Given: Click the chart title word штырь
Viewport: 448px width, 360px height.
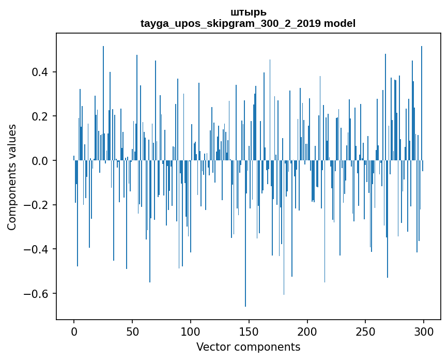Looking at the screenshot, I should click(x=248, y=12).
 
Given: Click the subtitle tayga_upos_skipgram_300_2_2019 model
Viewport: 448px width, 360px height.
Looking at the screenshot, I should click(x=248, y=23).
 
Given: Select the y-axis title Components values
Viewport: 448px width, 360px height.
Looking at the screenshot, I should click(x=12, y=177).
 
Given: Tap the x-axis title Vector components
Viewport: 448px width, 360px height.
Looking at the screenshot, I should click(x=248, y=347).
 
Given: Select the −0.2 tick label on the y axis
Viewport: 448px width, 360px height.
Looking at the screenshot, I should click(x=38, y=205).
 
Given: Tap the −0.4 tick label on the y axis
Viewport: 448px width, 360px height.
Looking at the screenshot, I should click(x=38, y=249).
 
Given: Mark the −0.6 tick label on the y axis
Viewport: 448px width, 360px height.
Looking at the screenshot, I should click(x=38, y=294).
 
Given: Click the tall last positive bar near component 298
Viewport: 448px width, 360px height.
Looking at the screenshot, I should click(x=422, y=103).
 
